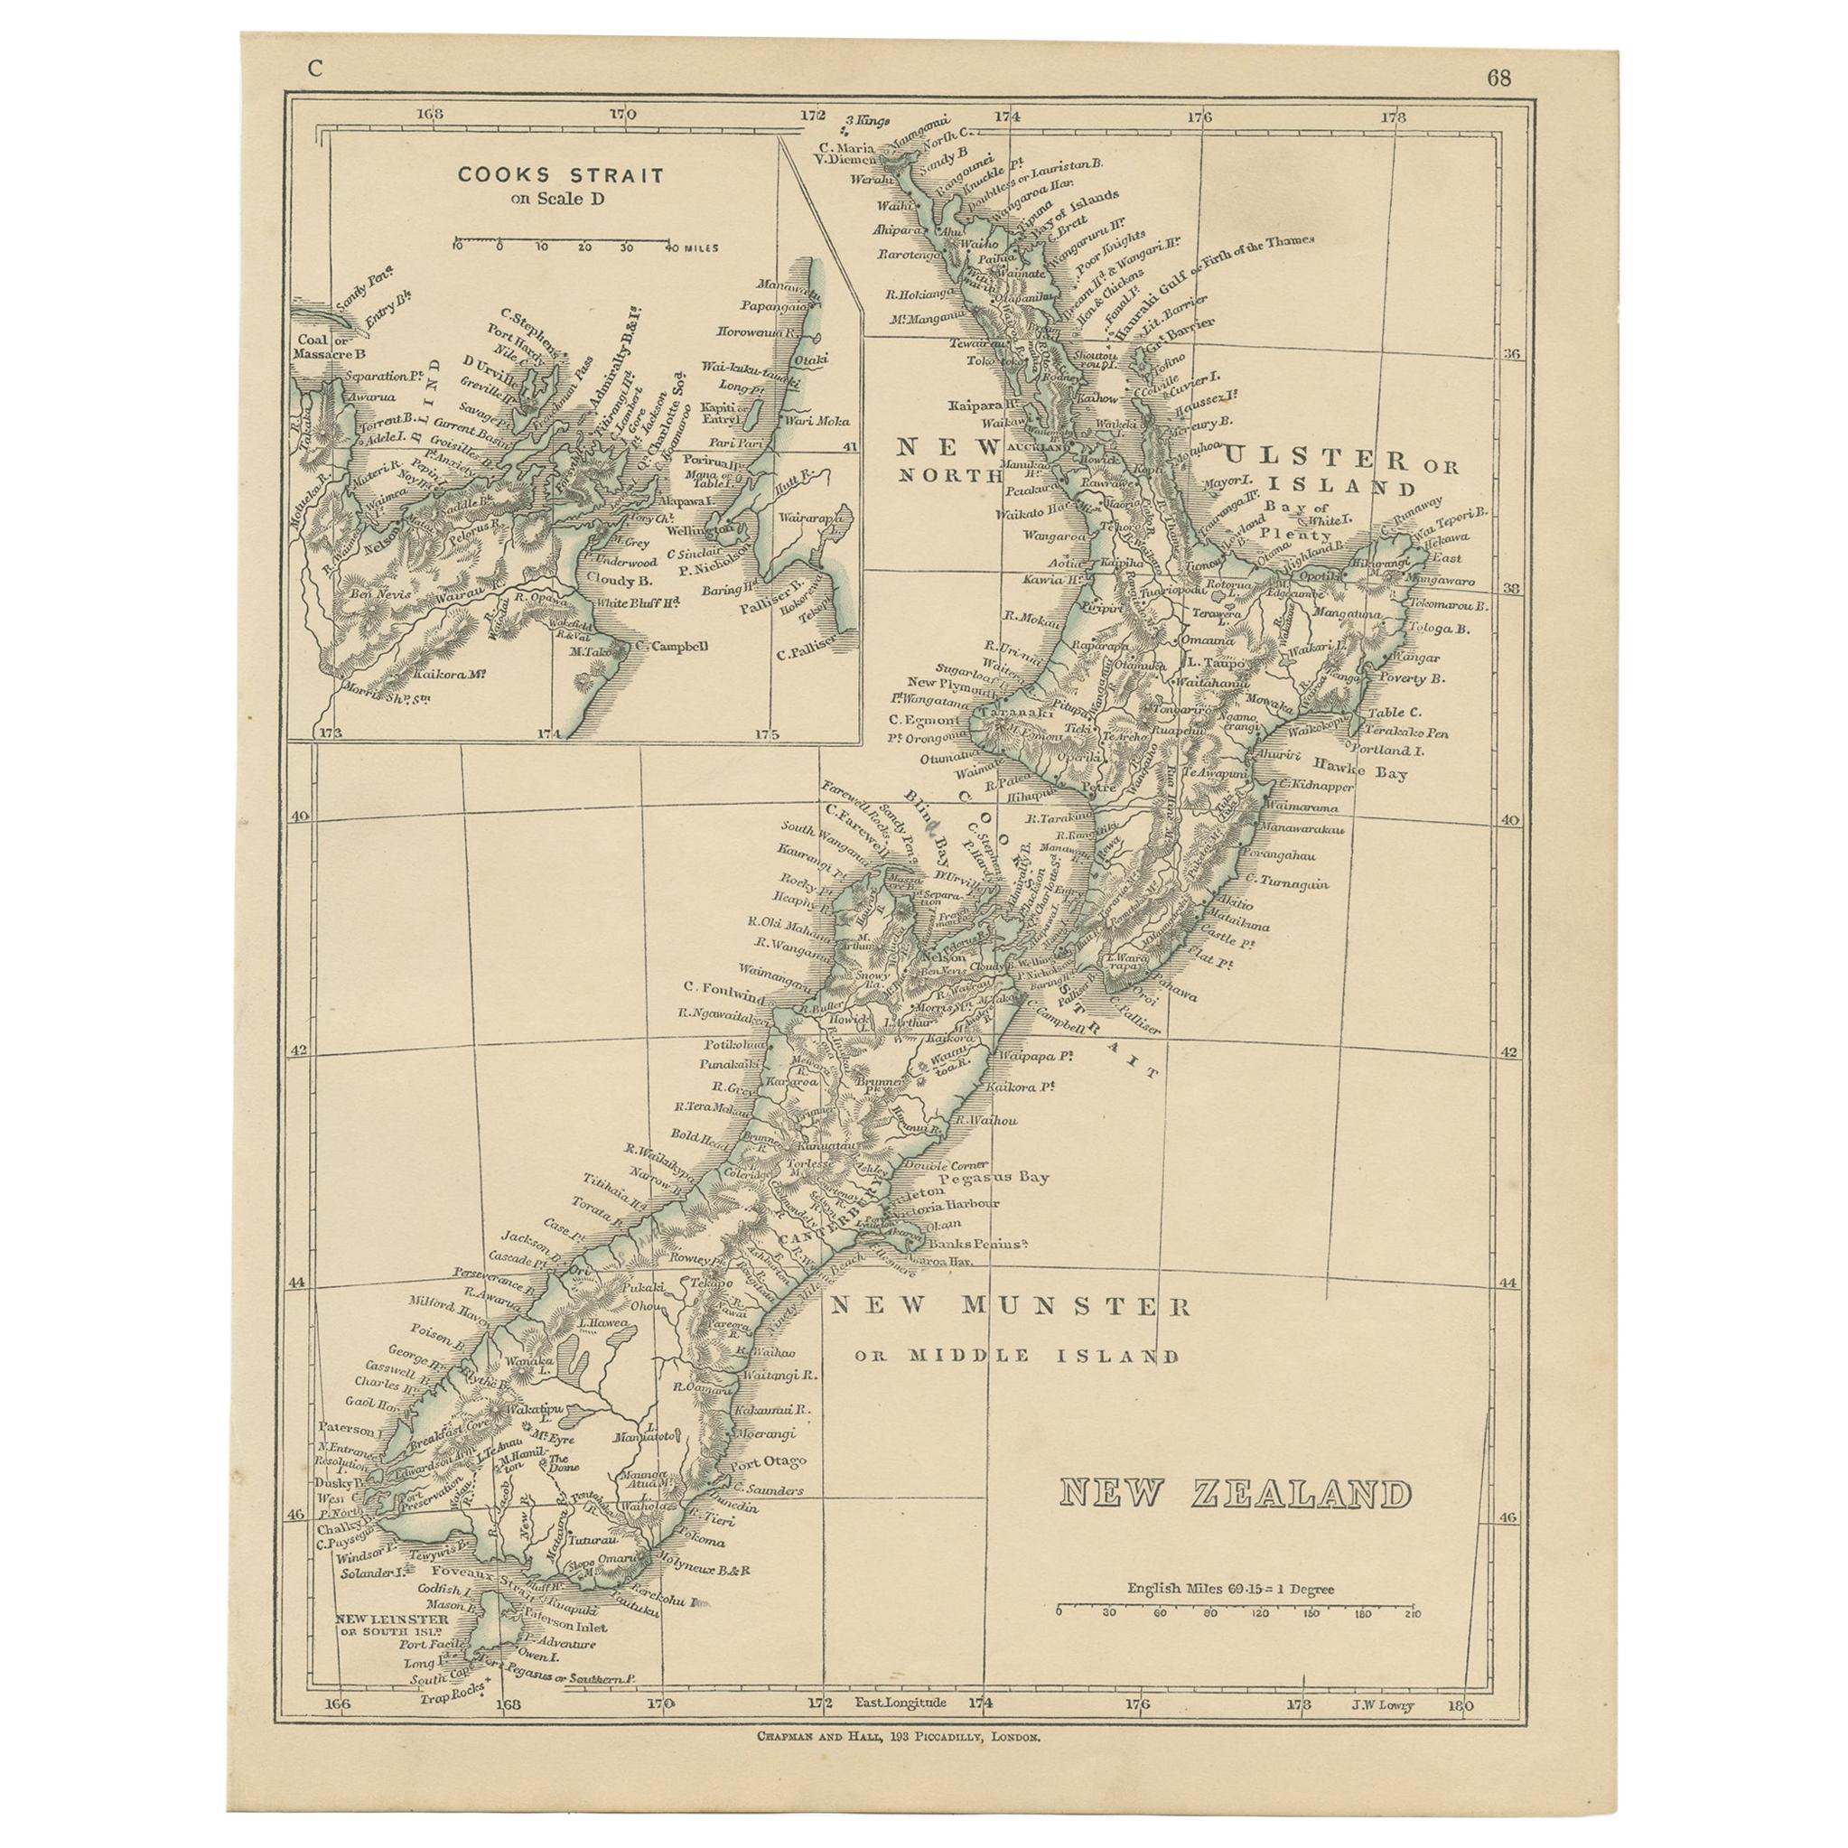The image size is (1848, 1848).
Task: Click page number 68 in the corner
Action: [1498, 79]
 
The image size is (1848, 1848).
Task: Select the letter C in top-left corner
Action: [314, 68]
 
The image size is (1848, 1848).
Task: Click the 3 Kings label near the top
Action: [864, 120]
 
